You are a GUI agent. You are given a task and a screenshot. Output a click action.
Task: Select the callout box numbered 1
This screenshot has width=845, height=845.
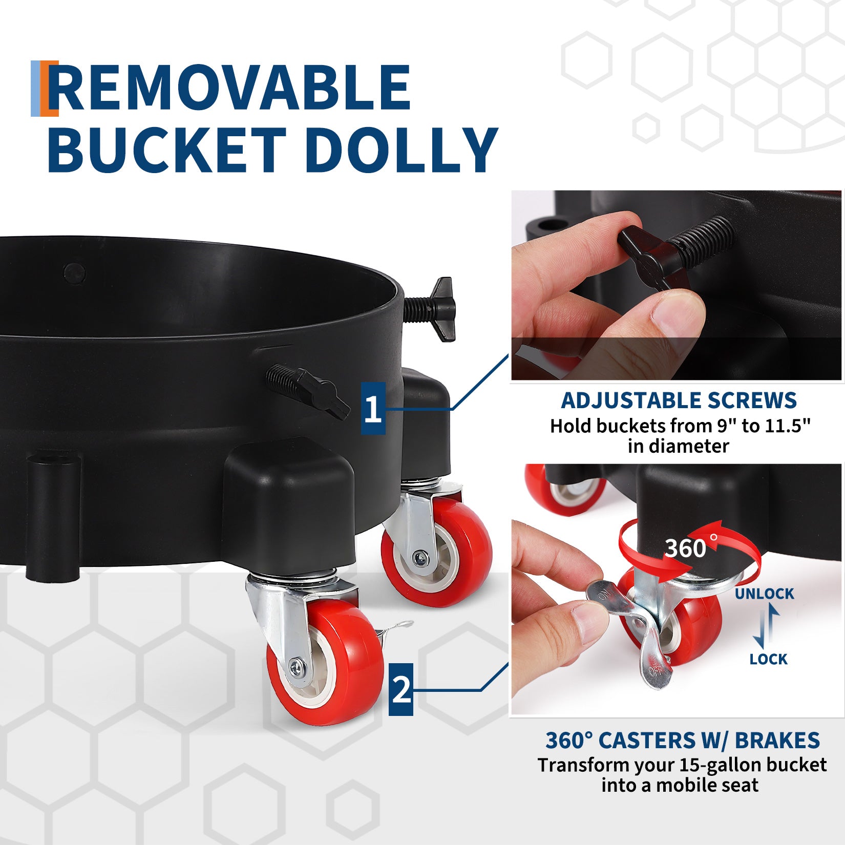(373, 408)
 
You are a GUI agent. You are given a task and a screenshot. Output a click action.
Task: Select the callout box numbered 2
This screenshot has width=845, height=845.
(401, 689)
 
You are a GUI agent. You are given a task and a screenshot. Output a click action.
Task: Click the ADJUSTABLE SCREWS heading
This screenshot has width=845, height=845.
(679, 400)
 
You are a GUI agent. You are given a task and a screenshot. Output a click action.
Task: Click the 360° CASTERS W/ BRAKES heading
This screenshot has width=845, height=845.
(683, 741)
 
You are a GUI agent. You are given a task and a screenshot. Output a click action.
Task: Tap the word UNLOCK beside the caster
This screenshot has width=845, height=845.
(764, 594)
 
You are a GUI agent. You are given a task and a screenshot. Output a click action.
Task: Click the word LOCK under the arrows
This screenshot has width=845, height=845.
(768, 659)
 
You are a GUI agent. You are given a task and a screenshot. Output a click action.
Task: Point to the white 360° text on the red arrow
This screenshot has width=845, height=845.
(690, 547)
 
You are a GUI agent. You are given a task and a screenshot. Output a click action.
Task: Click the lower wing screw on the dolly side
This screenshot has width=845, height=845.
(308, 390)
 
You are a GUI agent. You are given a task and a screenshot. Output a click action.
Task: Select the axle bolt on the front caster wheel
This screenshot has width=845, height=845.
(297, 666)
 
